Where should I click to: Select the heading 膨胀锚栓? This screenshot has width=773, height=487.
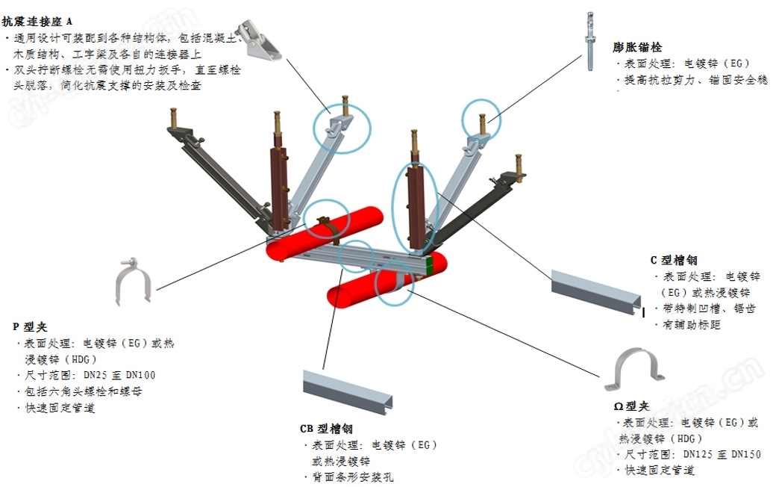click(636, 47)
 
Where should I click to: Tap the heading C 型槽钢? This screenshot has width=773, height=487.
click(673, 261)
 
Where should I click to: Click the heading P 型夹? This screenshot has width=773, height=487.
click(30, 326)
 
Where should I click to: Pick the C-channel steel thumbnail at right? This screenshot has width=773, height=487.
click(595, 291)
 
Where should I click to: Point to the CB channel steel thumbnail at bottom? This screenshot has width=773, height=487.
click(346, 388)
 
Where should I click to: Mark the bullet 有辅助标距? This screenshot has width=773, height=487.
click(690, 325)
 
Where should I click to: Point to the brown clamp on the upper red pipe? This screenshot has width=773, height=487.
click(326, 228)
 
